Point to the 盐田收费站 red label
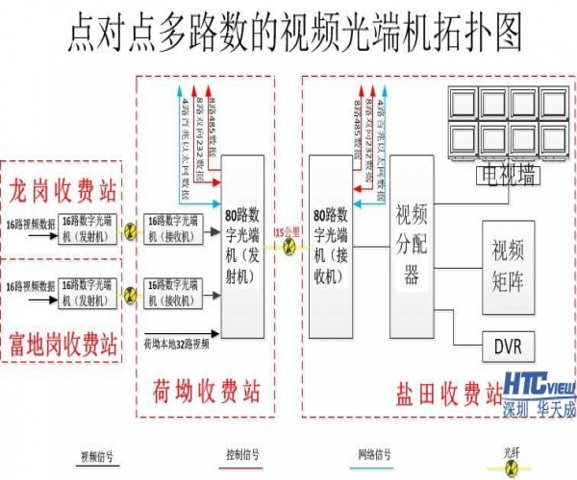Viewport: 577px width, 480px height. coord(448,394)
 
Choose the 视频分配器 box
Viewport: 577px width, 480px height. coord(412,245)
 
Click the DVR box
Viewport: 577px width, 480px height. coord(507,346)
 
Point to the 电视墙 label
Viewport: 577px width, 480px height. coord(504,175)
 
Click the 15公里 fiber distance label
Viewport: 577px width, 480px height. coord(286,232)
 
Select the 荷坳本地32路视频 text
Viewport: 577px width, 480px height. coord(183,341)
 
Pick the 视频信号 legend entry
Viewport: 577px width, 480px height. coord(97,456)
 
